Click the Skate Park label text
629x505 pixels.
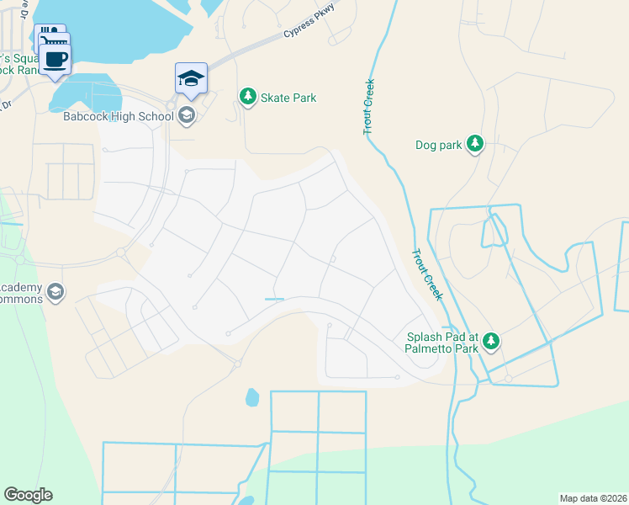tap(288, 98)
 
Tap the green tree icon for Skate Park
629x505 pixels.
tap(247, 98)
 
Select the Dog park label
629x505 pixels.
tap(439, 145)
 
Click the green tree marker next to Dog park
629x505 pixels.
tap(475, 144)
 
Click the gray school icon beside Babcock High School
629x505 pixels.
tap(187, 115)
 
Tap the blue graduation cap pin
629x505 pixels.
tap(191, 79)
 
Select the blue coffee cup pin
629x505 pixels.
tap(55, 59)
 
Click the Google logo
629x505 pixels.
tap(28, 495)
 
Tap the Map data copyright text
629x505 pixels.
tap(592, 497)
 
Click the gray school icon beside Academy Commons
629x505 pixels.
tap(55, 292)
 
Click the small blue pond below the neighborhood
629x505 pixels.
tap(252, 396)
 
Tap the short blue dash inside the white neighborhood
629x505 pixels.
tap(274, 299)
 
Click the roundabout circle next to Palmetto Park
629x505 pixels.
tap(509, 379)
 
